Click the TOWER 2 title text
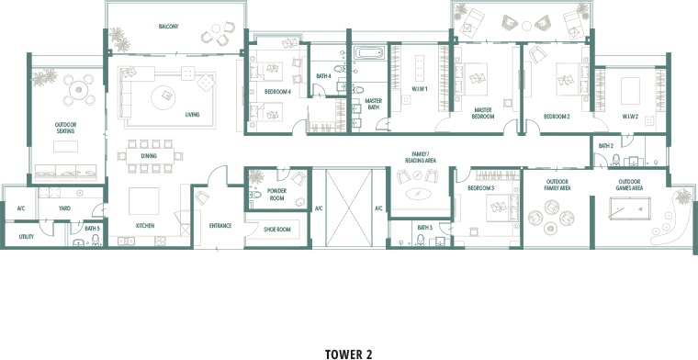[349, 354]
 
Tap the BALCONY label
[168, 27]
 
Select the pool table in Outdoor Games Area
[630, 208]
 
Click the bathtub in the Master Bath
[371, 53]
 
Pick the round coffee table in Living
[163, 97]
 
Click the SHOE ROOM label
[276, 230]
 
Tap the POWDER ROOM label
[276, 195]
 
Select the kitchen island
[144, 201]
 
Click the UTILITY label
[27, 237]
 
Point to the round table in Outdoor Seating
[79, 90]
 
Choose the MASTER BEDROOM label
[484, 113]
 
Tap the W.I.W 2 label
[630, 117]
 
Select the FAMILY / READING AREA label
[421, 157]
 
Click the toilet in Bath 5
[96, 241]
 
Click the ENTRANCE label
[220, 226]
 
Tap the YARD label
[64, 208]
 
